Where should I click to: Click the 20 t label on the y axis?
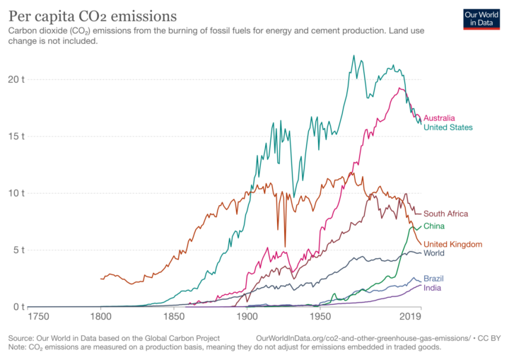[16, 79]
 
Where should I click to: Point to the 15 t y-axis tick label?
[16, 136]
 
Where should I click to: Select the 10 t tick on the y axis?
[16, 193]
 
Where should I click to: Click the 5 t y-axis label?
[18, 250]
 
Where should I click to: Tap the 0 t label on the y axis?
[18, 307]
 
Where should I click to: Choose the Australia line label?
[439, 118]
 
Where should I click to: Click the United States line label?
[448, 127]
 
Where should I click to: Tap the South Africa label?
[445, 214]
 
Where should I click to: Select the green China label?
[434, 226]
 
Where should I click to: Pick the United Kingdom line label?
[452, 244]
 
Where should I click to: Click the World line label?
[434, 253]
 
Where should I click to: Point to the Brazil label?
[434, 279]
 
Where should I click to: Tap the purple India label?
[432, 288]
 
